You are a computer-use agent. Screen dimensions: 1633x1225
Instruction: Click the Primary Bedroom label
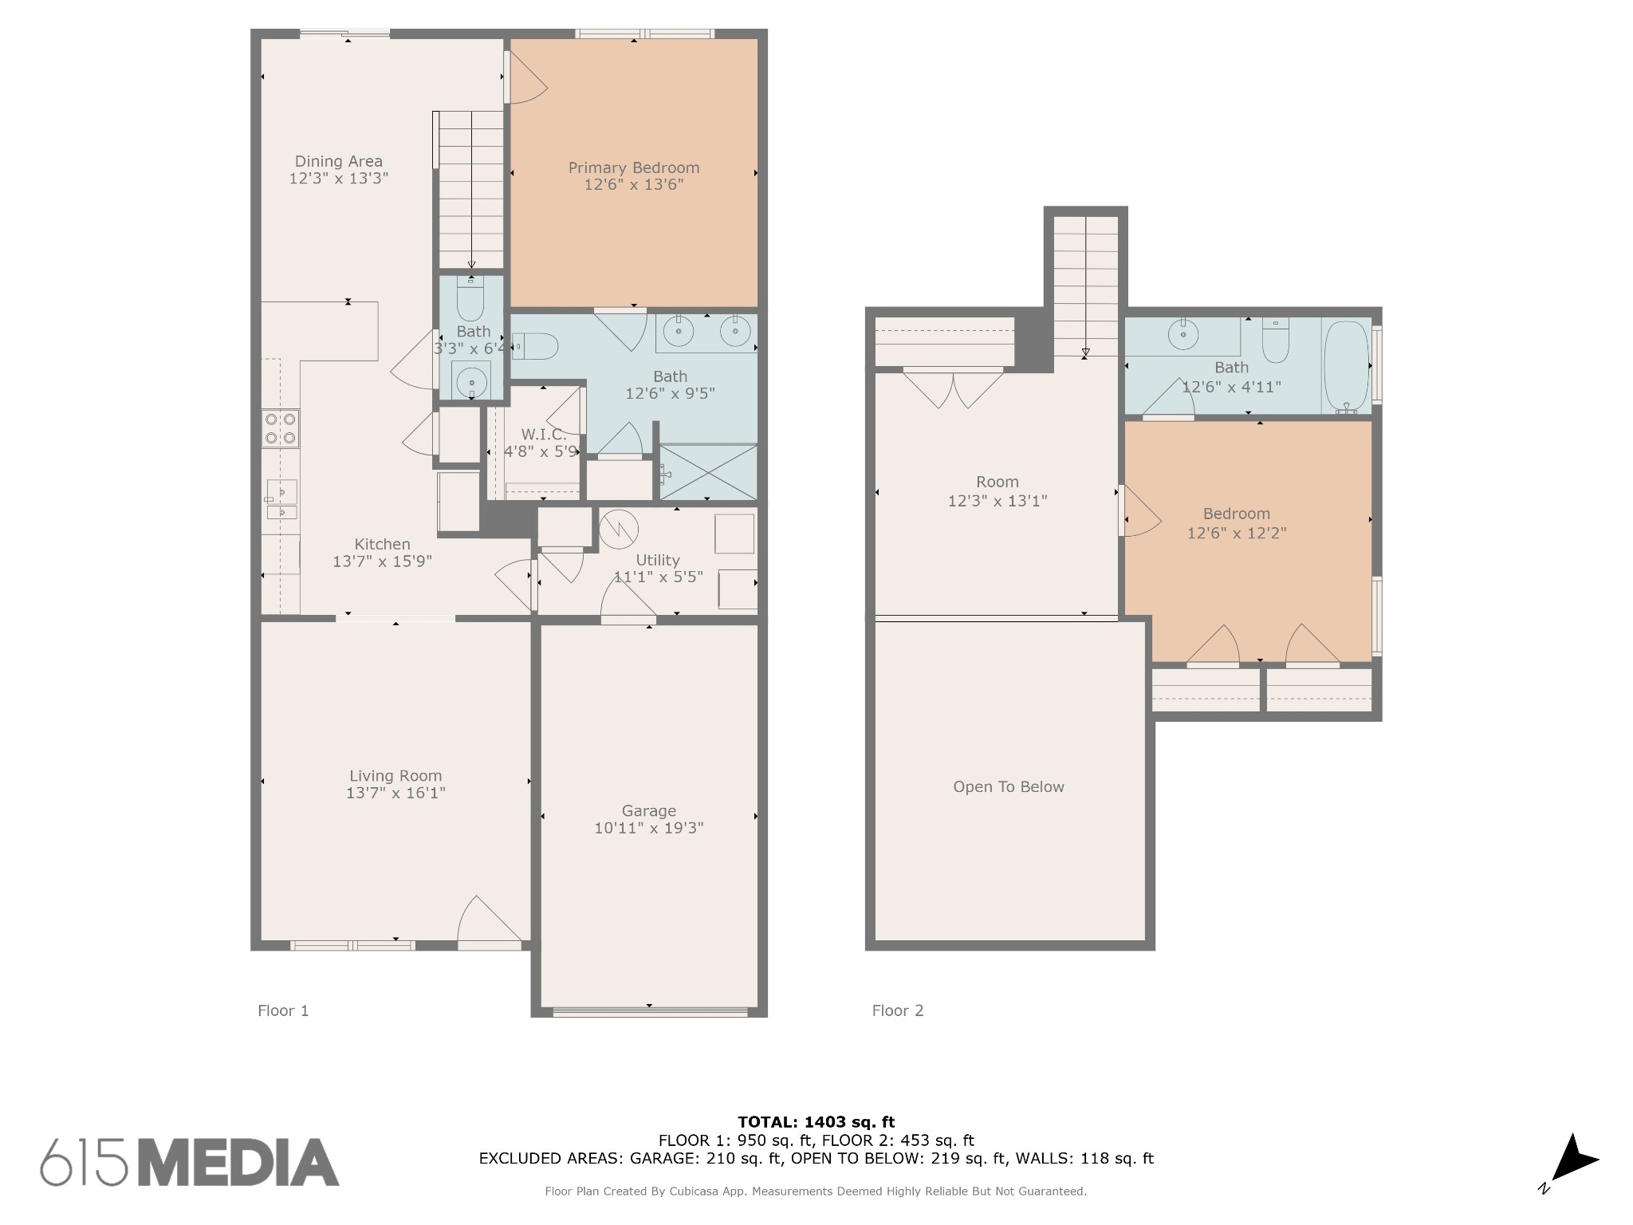634,167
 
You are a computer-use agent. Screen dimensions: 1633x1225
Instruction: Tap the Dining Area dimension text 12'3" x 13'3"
338,179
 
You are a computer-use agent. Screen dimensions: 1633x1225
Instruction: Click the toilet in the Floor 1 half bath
470,298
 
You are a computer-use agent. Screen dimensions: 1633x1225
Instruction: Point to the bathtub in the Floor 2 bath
1347,367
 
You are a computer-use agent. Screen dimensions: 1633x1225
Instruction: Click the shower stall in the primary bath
707,472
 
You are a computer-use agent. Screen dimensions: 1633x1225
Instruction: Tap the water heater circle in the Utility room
619,530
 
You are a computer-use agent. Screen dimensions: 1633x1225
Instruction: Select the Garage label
649,811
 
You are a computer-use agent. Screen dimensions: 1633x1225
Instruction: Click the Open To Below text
1009,787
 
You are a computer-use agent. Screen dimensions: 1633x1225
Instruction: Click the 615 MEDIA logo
190,1162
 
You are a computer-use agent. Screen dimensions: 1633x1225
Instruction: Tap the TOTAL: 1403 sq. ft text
816,1123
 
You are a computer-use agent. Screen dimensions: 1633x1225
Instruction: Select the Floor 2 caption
898,1010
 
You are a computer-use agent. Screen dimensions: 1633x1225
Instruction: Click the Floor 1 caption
283,1010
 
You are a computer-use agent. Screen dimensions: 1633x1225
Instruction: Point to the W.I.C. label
544,435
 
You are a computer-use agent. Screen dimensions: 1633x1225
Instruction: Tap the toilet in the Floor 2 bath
1276,341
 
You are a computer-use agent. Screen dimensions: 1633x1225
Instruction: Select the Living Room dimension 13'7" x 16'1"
395,793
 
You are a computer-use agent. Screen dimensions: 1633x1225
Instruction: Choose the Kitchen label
382,544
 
